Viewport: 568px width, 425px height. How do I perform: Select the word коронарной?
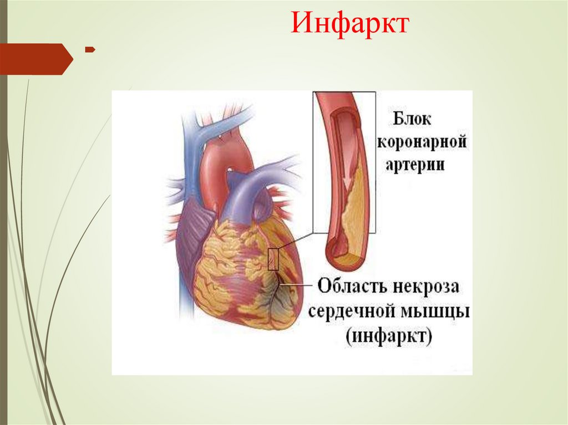[x=422, y=143]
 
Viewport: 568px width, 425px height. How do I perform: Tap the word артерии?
[x=414, y=166]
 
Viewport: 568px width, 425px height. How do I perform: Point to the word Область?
[x=348, y=288]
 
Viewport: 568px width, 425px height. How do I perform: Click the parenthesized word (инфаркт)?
[x=389, y=336]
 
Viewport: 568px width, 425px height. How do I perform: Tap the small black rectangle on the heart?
[x=273, y=259]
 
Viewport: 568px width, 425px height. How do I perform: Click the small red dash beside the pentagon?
[x=89, y=50]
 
